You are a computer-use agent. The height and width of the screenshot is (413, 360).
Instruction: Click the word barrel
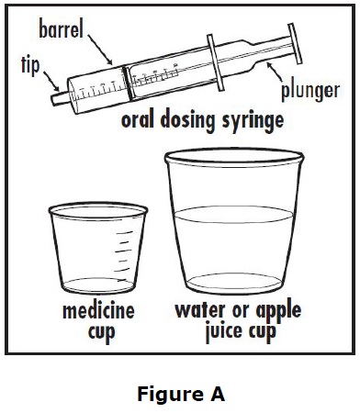point(62,29)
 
